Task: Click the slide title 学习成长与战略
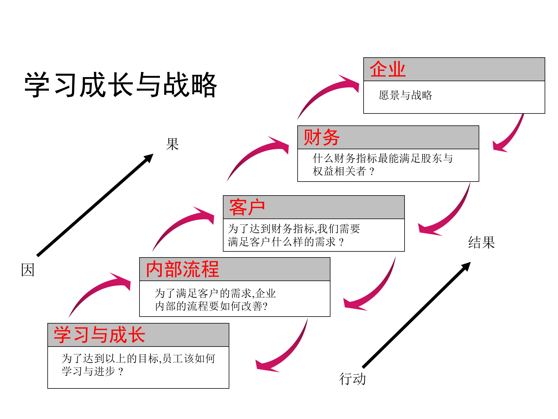pos(121,85)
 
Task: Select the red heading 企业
pos(387,70)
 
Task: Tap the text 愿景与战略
pos(405,95)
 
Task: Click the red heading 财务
pos(321,137)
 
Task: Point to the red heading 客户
pos(247,207)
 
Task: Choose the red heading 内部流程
pos(182,269)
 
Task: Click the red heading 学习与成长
pos(99,335)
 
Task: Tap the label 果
pos(172,144)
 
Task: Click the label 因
pos(28,270)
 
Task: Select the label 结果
pos(481,242)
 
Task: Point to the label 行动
pos(352,379)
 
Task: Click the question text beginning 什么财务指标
pos(382,159)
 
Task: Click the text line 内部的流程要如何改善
pos(211,306)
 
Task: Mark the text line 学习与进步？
pos(92,371)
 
